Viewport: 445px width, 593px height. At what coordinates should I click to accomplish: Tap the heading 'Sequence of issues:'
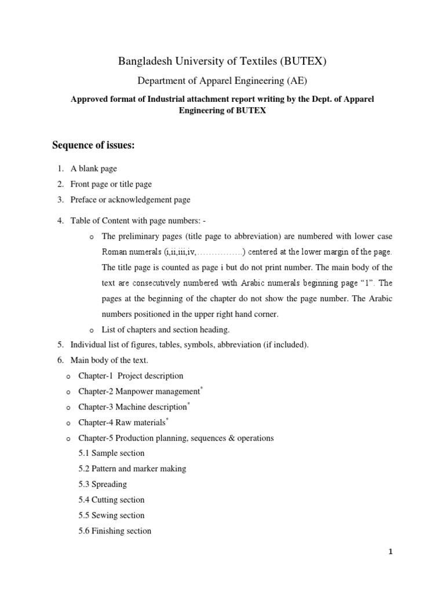[x=93, y=145]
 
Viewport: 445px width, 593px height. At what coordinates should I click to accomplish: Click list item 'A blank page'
[x=93, y=169]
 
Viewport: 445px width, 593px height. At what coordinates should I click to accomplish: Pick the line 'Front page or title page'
[x=111, y=184]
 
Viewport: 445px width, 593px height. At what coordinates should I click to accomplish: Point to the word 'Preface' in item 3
[x=84, y=200]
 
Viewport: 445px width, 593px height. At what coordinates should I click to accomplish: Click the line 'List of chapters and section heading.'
[x=166, y=330]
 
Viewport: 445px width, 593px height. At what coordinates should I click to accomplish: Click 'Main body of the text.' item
[x=105, y=360]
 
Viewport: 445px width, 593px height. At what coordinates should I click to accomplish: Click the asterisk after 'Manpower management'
[x=202, y=388]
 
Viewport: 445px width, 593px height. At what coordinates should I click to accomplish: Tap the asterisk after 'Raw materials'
[x=167, y=419]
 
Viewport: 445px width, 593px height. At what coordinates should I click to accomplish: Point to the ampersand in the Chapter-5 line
[x=224, y=438]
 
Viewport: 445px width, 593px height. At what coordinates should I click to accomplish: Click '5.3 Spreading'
[x=103, y=484]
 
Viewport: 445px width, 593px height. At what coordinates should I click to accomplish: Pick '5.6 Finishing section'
[x=115, y=531]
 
